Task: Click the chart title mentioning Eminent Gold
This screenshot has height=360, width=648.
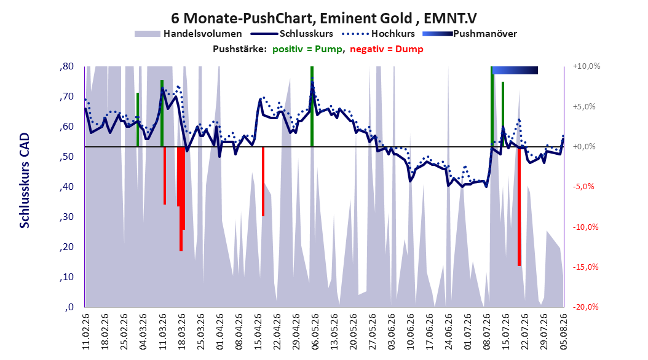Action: coord(323,18)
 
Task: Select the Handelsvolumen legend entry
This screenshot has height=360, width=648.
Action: coord(189,34)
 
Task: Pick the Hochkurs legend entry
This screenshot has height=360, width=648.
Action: coord(377,34)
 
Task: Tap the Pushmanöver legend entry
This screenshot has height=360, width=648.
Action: coord(470,34)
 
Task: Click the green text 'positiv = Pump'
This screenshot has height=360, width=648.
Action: coord(307,49)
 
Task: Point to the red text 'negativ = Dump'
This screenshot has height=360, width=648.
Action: coord(387,49)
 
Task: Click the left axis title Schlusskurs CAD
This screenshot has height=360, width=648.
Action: coord(25,181)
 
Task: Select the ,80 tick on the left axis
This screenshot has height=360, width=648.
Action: coord(66,66)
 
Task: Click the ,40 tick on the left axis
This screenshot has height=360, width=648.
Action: coord(66,187)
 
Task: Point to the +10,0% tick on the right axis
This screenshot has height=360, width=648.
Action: coord(587,66)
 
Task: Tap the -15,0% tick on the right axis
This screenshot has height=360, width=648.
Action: coord(585,267)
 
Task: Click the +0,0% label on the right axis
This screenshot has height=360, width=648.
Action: coord(584,147)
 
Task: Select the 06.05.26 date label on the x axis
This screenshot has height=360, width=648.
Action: coord(315,332)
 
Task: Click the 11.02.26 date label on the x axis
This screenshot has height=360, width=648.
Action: coord(86,332)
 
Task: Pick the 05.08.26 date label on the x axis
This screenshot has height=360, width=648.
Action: coord(563,332)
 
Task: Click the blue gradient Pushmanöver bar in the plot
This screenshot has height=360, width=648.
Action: coord(515,70)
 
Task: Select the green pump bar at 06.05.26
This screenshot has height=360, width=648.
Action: coord(312,106)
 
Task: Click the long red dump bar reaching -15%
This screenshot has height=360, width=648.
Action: coord(519,206)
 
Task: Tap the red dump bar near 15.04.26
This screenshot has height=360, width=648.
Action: coord(263,181)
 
